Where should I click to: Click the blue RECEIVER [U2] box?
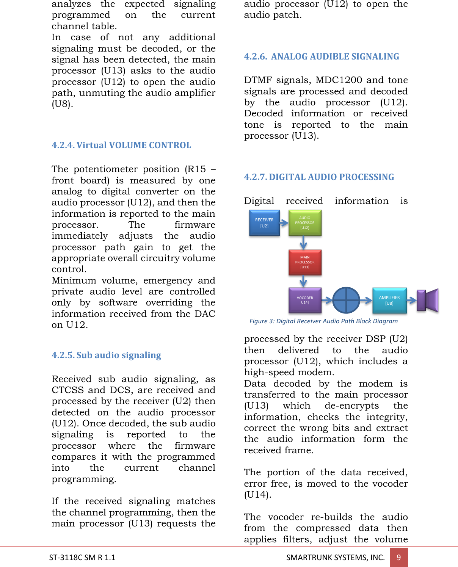(264, 223)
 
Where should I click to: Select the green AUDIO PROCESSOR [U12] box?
(305, 223)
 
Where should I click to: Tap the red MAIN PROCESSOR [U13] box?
(305, 262)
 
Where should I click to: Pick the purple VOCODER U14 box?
(305, 300)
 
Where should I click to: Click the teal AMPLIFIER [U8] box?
(389, 301)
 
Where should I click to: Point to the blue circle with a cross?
(346, 300)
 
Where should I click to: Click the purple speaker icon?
(428, 300)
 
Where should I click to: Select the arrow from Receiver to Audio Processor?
(284, 223)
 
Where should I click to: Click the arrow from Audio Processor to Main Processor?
(303, 242)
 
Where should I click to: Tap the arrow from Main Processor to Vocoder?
(303, 281)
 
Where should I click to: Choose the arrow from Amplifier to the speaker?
(412, 301)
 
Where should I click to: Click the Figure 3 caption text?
(323, 321)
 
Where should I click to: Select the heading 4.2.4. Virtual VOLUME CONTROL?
(121, 145)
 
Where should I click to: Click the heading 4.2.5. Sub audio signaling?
(106, 355)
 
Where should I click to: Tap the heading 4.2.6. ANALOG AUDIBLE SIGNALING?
(322, 56)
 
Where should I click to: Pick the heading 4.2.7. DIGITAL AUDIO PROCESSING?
(319, 177)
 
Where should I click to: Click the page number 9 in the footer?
(398, 557)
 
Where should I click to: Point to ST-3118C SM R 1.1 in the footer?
(82, 557)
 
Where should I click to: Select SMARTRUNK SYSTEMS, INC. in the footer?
(335, 557)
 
